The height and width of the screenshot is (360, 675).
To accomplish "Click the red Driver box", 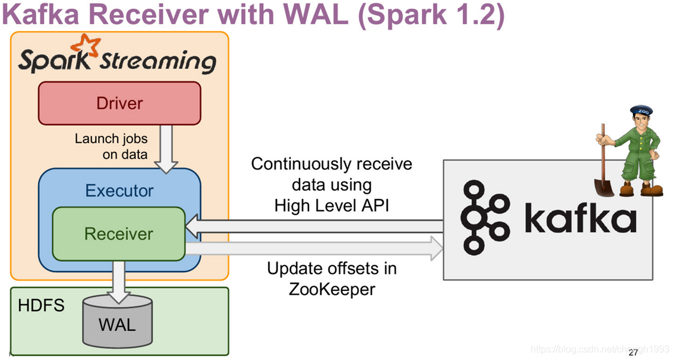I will [x=119, y=103].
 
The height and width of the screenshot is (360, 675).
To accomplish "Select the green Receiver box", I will [x=119, y=233].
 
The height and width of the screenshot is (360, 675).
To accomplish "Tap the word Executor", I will [x=119, y=191].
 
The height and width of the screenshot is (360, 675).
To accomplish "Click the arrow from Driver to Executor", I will [x=166, y=149].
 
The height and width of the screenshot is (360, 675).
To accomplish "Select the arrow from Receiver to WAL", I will [x=119, y=279].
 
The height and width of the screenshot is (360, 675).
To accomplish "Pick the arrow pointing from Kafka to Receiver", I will [x=315, y=226].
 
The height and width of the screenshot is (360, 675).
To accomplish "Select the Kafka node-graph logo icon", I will [x=485, y=217].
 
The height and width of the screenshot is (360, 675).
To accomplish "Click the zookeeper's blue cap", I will [x=641, y=110].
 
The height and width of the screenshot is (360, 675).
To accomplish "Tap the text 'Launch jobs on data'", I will [x=111, y=146].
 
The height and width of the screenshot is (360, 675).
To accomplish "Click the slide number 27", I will [x=633, y=352].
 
